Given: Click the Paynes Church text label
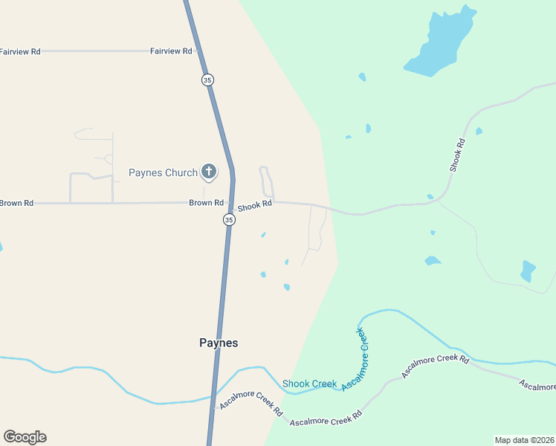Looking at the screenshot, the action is pyautogui.click(x=163, y=173).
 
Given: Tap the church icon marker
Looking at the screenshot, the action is pyautogui.click(x=209, y=172).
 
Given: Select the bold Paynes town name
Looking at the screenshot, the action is pyautogui.click(x=219, y=343).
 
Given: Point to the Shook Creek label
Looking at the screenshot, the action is pyautogui.click(x=309, y=384).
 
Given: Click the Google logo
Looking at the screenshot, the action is pyautogui.click(x=25, y=437).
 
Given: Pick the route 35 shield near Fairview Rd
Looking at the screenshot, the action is pyautogui.click(x=207, y=80).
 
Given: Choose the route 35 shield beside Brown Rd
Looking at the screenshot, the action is pyautogui.click(x=229, y=219).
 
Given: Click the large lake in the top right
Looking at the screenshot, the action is pyautogui.click(x=440, y=45).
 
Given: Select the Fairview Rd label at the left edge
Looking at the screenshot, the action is pyautogui.click(x=20, y=51).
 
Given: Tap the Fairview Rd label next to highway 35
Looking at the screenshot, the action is pyautogui.click(x=171, y=51).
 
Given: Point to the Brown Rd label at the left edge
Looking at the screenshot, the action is pyautogui.click(x=16, y=203).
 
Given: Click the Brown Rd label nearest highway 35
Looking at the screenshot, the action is pyautogui.click(x=206, y=203).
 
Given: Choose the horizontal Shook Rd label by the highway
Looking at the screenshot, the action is pyautogui.click(x=255, y=207).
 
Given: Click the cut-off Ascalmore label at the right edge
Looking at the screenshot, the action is pyautogui.click(x=537, y=385).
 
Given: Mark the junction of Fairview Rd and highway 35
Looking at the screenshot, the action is pyautogui.click(x=199, y=51).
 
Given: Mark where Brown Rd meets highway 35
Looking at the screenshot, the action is pyautogui.click(x=231, y=203).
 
